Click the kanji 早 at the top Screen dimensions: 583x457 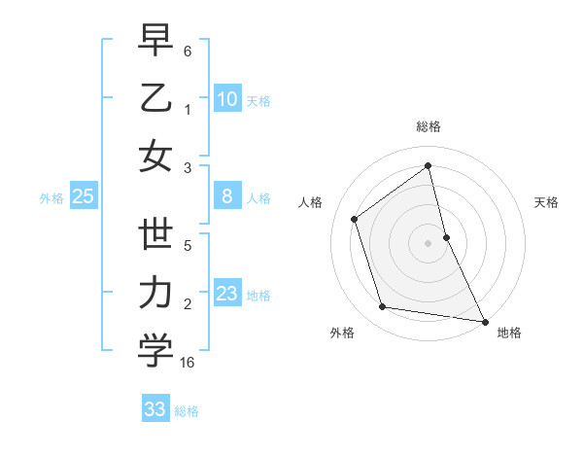tap(155, 41)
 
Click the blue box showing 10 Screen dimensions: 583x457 tap(226, 99)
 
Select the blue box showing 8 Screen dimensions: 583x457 tap(226, 197)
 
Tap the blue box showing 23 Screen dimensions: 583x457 tap(226, 294)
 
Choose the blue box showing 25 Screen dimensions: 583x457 tap(83, 197)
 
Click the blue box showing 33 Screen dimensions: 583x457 tap(154, 409)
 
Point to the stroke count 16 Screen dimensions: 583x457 tap(188, 363)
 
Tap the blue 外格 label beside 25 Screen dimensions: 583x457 tap(51, 198)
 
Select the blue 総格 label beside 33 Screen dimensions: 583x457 tap(187, 411)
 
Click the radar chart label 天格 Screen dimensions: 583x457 tap(546, 202)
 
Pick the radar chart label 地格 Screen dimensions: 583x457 tap(509, 333)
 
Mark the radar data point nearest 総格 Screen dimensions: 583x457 tap(428, 166)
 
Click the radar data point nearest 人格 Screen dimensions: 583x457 tap(355, 219)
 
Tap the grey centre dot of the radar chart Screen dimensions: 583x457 tap(428, 242)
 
